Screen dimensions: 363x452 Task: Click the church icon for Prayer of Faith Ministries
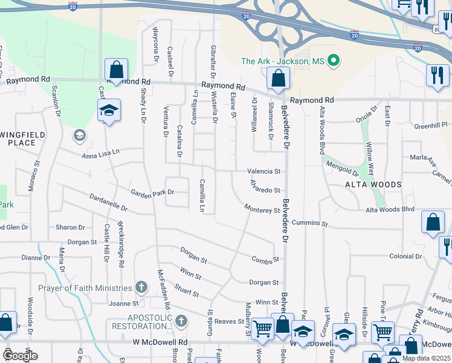(141, 288)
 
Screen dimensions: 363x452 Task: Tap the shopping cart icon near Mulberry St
(262, 330)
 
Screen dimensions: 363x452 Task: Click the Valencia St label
(263, 172)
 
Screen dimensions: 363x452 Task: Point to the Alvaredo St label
(265, 190)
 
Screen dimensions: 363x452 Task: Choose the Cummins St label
(309, 224)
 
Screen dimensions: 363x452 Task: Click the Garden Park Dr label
(152, 192)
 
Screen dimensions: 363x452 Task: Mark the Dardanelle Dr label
(109, 202)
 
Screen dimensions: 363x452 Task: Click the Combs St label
(266, 260)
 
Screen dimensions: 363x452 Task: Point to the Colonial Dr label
(405, 257)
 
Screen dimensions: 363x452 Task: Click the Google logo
(20, 356)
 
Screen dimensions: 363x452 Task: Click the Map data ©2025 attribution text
(425, 358)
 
